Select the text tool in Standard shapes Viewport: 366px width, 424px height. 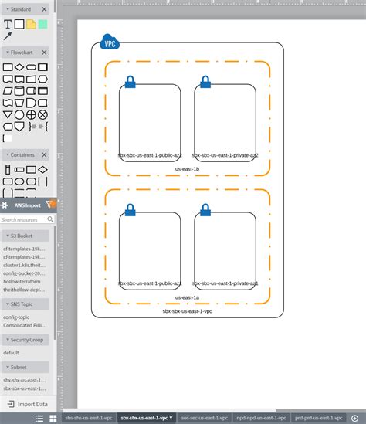[x=8, y=24]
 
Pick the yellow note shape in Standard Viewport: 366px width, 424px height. [x=31, y=24]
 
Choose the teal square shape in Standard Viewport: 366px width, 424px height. [x=43, y=24]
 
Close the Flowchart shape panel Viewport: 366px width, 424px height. [x=44, y=53]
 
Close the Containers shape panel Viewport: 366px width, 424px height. [x=44, y=155]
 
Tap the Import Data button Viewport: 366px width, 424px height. [x=27, y=404]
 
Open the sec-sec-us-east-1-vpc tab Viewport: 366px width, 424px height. [x=203, y=418]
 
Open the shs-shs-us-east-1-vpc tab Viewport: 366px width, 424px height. [x=88, y=418]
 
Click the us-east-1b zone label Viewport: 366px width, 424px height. [x=187, y=168]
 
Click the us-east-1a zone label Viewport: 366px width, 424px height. [x=187, y=297]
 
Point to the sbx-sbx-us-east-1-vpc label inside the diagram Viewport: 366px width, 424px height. [x=187, y=310]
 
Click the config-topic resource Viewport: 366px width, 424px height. [x=17, y=317]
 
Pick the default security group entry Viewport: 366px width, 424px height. [x=11, y=352]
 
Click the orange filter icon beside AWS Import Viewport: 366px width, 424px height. [x=49, y=205]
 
